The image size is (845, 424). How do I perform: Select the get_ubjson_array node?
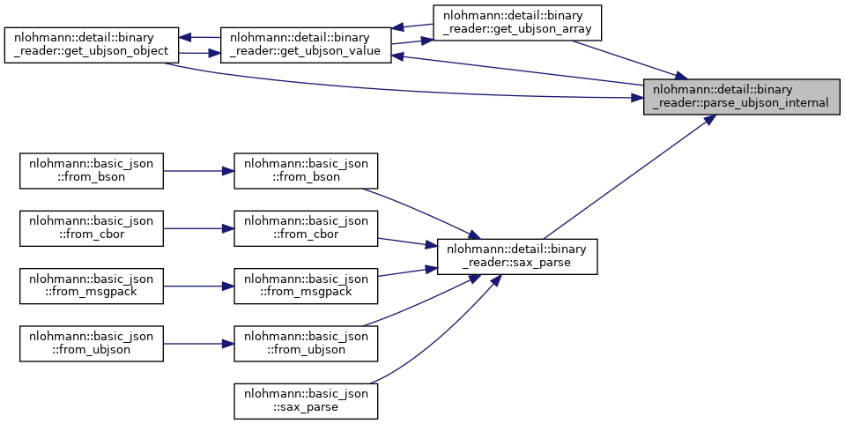coord(516,22)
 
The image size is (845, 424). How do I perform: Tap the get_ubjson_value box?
coord(305,44)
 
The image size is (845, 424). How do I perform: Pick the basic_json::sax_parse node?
coord(305,399)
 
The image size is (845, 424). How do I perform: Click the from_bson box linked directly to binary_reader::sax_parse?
coord(305,170)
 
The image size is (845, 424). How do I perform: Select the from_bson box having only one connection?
coord(92,170)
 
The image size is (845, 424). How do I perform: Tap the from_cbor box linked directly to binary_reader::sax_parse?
coord(305,227)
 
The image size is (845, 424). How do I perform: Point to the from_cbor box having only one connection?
coord(92,227)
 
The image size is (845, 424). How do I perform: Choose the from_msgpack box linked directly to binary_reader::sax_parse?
coord(305,285)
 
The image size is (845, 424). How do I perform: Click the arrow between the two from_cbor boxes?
coord(198,227)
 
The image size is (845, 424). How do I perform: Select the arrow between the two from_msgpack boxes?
coord(198,285)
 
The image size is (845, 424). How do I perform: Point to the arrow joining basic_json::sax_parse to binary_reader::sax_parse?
coord(441,331)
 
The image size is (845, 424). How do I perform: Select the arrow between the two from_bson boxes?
coord(198,170)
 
